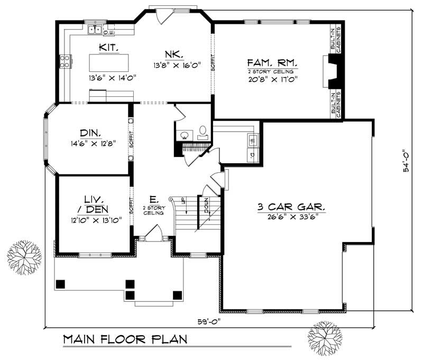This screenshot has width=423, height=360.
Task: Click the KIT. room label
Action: pos(108,48)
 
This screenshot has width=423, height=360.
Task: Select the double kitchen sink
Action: pos(95,30)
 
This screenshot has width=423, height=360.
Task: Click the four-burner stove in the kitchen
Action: pos(66,62)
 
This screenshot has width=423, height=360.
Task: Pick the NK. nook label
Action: pos(174,54)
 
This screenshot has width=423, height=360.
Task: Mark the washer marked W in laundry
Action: pos(252,141)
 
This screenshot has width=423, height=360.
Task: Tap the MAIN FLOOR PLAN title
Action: pos(125,339)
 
